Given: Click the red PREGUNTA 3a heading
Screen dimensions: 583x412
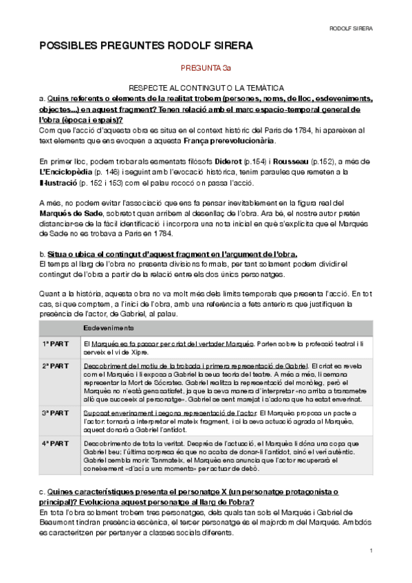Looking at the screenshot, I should coord(206,69).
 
